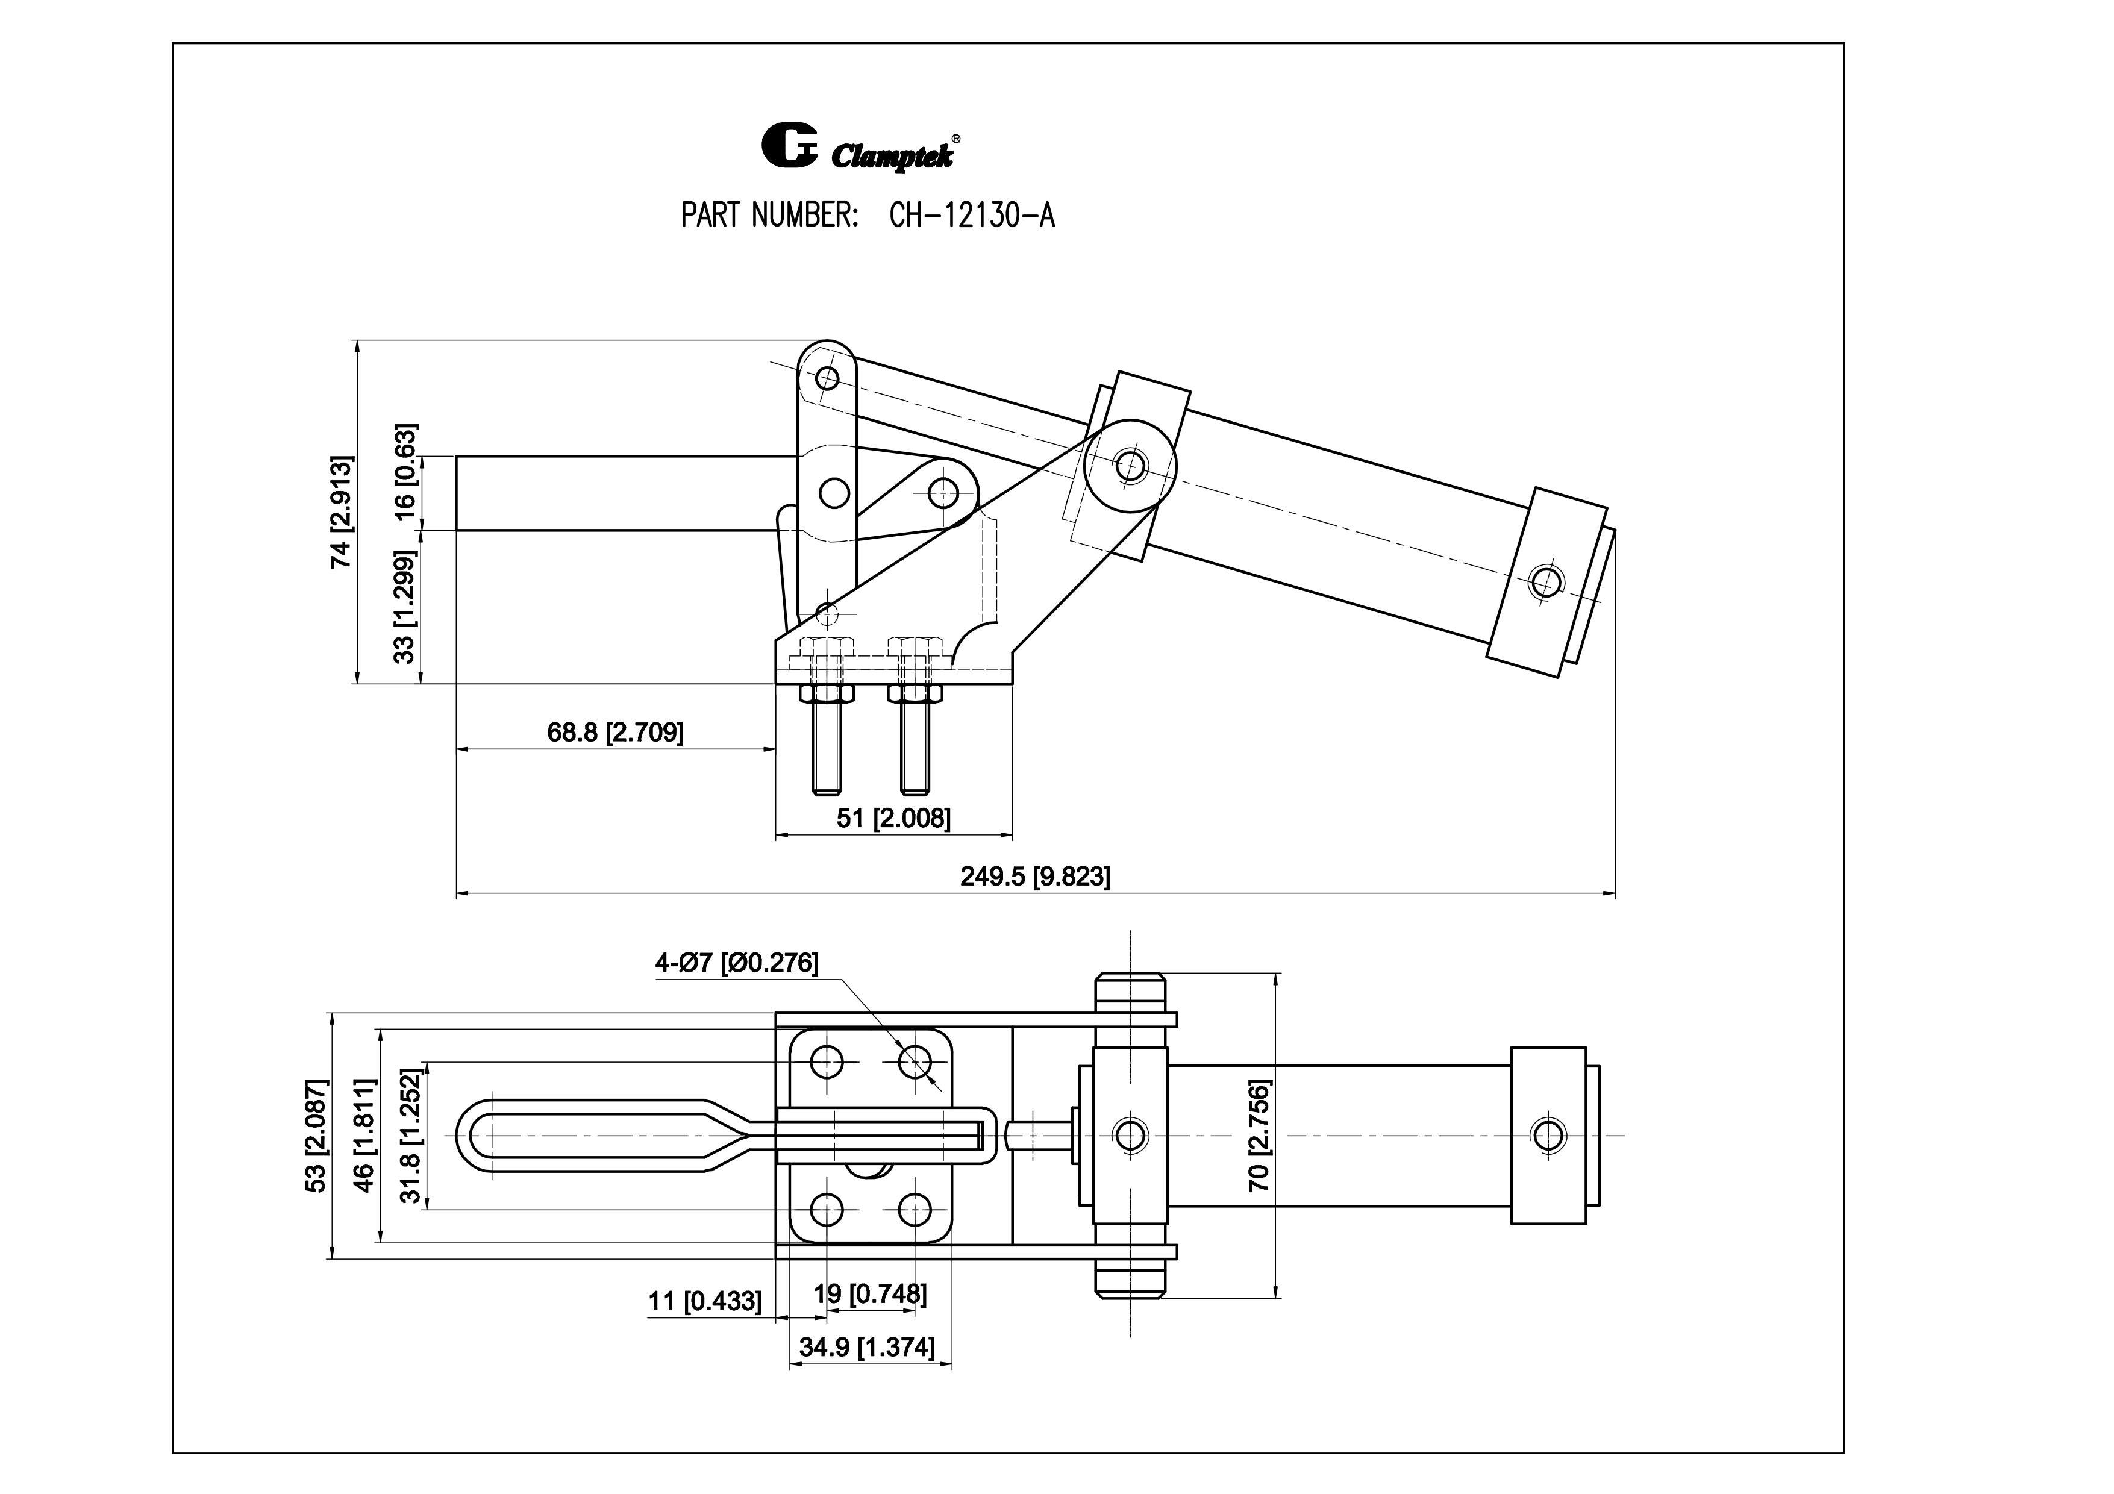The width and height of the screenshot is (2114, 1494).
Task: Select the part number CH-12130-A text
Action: coord(971,216)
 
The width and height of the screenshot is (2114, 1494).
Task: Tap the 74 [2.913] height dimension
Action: coord(342,512)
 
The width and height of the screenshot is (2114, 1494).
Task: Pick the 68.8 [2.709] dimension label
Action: coord(615,733)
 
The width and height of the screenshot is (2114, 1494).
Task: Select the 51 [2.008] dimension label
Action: coord(893,817)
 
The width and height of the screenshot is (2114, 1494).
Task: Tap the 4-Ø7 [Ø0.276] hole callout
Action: coord(736,963)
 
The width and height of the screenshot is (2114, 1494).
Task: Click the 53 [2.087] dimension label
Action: coord(316,1135)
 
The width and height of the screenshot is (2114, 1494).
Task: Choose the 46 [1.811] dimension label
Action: coord(364,1135)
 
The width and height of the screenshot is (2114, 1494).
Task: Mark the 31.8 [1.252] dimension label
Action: coord(411,1135)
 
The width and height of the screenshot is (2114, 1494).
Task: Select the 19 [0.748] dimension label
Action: coord(869,1293)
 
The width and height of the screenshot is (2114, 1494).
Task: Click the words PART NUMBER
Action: coord(770,216)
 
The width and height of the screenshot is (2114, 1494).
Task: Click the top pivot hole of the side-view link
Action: coord(827,377)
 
